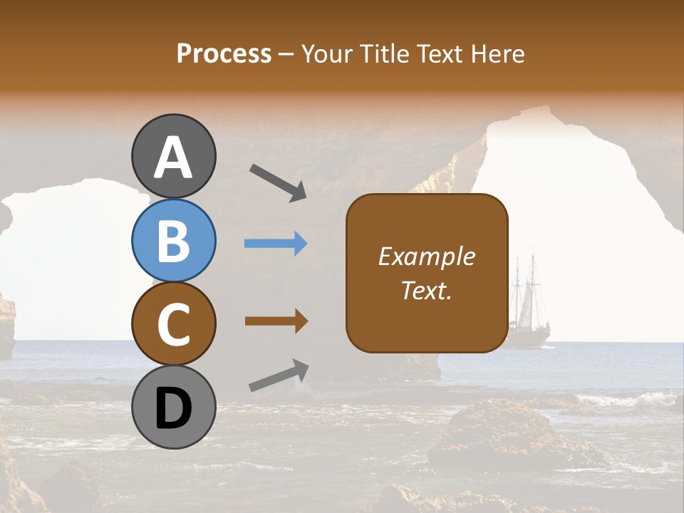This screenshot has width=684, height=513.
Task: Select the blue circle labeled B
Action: (x=173, y=240)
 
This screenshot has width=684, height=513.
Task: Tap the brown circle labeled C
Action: (x=173, y=323)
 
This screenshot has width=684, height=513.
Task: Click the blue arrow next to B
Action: (x=276, y=244)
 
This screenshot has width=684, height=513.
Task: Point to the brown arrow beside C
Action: (x=276, y=321)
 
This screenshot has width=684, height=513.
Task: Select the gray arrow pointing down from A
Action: (x=278, y=182)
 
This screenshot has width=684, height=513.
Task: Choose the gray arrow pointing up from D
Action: (x=279, y=375)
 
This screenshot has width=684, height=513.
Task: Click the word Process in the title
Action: (x=224, y=53)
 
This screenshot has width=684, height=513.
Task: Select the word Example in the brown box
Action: (x=426, y=256)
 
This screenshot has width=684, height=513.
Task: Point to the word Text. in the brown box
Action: (x=426, y=290)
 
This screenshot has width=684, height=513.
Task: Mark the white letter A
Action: (x=173, y=157)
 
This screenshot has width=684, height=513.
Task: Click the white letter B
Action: (x=173, y=240)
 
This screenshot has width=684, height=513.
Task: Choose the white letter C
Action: (x=173, y=324)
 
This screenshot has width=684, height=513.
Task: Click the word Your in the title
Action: (x=327, y=53)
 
